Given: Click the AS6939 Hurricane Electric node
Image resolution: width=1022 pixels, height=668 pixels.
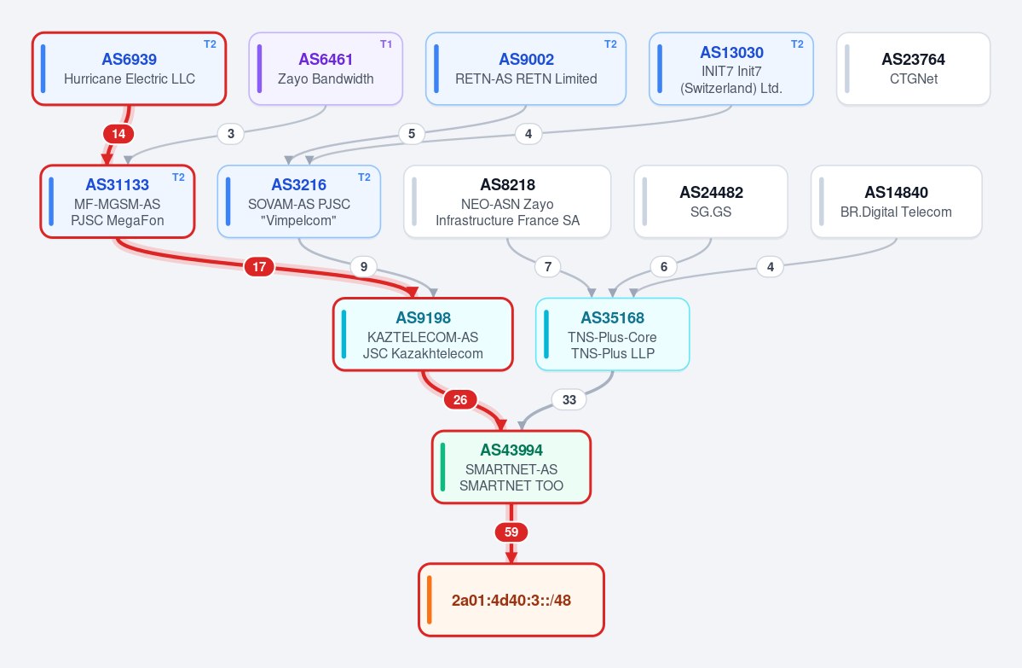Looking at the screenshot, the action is pyautogui.click(x=129, y=68).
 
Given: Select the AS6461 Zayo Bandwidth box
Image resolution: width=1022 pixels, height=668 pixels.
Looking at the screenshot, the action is pyautogui.click(x=326, y=68).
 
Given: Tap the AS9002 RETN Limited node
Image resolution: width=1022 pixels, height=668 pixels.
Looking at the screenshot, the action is pyautogui.click(x=526, y=68).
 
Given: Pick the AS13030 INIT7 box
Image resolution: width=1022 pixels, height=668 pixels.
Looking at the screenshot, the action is pyautogui.click(x=731, y=68).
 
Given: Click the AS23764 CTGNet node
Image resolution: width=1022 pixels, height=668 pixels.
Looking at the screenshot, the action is pyautogui.click(x=913, y=68).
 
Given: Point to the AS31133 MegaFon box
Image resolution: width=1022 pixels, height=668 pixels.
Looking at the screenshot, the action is pyautogui.click(x=118, y=201).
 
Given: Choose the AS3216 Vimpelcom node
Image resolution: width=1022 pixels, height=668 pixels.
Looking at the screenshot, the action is pyautogui.click(x=299, y=201).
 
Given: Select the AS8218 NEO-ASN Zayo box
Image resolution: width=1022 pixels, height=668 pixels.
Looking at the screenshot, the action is pyautogui.click(x=507, y=201).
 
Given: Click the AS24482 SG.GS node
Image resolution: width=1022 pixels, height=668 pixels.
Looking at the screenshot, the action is pyautogui.click(x=710, y=201).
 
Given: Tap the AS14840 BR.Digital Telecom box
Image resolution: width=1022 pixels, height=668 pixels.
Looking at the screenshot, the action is pyautogui.click(x=896, y=201).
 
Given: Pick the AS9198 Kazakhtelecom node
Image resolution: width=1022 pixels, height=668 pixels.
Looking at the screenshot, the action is pyautogui.click(x=423, y=334).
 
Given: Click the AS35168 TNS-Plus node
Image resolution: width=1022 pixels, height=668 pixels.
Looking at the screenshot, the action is pyautogui.click(x=613, y=334).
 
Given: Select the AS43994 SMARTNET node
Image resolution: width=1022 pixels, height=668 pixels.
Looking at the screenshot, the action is pyautogui.click(x=511, y=467).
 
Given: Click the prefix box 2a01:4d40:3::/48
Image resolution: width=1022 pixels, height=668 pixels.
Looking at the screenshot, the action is pyautogui.click(x=511, y=600).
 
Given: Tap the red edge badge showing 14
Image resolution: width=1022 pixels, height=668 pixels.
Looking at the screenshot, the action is pyautogui.click(x=118, y=135).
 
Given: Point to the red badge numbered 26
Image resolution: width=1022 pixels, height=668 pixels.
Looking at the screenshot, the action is pyautogui.click(x=460, y=400).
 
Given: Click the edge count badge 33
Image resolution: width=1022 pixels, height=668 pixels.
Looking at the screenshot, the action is pyautogui.click(x=569, y=400).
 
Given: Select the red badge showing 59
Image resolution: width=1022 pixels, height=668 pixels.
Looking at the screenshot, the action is pyautogui.click(x=511, y=532).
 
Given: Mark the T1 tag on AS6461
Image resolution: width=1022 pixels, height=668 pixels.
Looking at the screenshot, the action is pyautogui.click(x=386, y=44).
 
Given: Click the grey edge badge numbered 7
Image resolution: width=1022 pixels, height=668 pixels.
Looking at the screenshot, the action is pyautogui.click(x=548, y=267).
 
